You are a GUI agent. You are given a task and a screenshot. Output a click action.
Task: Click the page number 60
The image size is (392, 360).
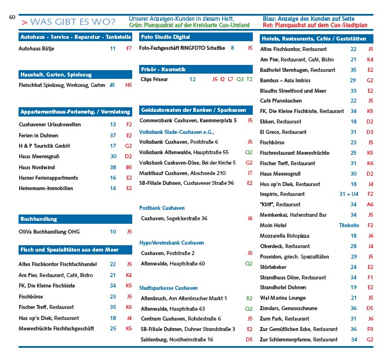(x=12, y=17)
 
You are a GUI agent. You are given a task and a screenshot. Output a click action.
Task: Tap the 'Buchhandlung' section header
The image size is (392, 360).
(x=38, y=219)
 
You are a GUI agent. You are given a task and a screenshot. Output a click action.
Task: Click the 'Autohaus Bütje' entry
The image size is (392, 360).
(x=37, y=49)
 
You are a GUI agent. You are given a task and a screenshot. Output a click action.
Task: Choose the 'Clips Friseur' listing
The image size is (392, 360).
(x=154, y=79)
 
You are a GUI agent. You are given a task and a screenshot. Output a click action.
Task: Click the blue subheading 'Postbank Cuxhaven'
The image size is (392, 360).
(x=162, y=208)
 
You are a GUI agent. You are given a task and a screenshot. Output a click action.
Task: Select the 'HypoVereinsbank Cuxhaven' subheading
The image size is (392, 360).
(x=172, y=242)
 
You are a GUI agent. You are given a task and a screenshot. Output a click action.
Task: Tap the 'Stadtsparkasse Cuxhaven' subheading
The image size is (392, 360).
(x=169, y=288)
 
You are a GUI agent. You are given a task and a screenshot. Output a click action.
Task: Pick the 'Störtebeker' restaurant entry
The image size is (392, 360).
(x=274, y=267)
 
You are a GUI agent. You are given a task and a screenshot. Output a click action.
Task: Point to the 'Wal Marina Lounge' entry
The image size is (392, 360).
(x=282, y=298)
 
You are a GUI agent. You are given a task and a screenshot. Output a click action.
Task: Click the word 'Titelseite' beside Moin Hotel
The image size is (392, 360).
(x=349, y=225)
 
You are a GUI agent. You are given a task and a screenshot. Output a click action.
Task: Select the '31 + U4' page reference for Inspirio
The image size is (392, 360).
(x=349, y=194)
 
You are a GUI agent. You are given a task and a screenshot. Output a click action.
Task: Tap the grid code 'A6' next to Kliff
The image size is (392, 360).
(x=370, y=204)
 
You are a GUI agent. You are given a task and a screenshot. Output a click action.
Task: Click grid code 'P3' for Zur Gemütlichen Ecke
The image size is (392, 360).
(x=370, y=329)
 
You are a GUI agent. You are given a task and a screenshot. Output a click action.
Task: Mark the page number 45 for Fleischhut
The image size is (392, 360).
(x=112, y=85)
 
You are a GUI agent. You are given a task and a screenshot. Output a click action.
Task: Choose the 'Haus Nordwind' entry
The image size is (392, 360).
(x=38, y=167)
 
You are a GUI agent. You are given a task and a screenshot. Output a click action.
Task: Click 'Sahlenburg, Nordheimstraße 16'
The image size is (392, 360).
(x=177, y=339)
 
